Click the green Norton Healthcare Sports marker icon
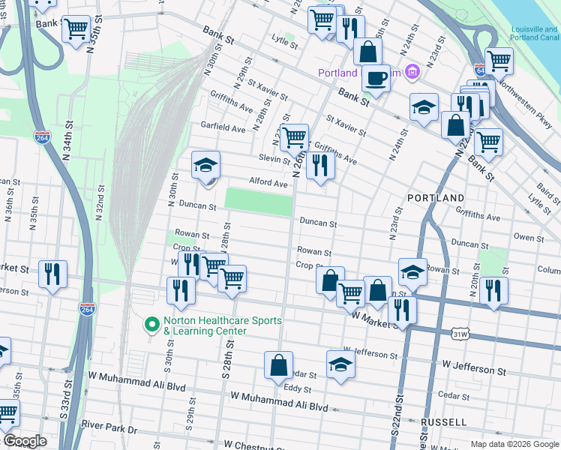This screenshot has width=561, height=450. tap(151, 325)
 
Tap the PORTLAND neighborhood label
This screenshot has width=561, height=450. tap(436, 197)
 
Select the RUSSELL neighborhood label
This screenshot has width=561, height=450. tap(444, 422)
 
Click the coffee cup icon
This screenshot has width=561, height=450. tap(376, 77)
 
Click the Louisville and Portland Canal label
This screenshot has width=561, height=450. tap(535, 33)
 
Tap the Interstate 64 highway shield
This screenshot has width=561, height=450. tap(480, 71)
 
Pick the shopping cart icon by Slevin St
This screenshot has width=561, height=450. tap(294, 136)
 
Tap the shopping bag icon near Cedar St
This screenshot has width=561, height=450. tap(278, 365)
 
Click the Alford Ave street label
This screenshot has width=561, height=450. tap(268, 183)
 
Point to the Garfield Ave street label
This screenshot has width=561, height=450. tap(222, 128)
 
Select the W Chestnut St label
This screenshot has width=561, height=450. tap(254, 445)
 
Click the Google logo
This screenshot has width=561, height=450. tap(24, 441)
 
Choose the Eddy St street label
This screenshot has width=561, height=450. tap(298, 388)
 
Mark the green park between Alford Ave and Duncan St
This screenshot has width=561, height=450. tap(259, 202)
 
